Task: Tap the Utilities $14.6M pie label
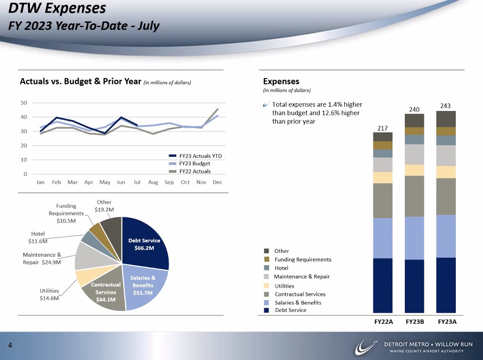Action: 49,294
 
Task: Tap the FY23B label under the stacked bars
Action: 415,322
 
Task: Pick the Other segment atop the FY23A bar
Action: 446,119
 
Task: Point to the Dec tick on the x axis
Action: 217,182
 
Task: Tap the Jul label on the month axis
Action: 137,182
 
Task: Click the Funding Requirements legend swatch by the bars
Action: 267,260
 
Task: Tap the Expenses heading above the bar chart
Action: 281,81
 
